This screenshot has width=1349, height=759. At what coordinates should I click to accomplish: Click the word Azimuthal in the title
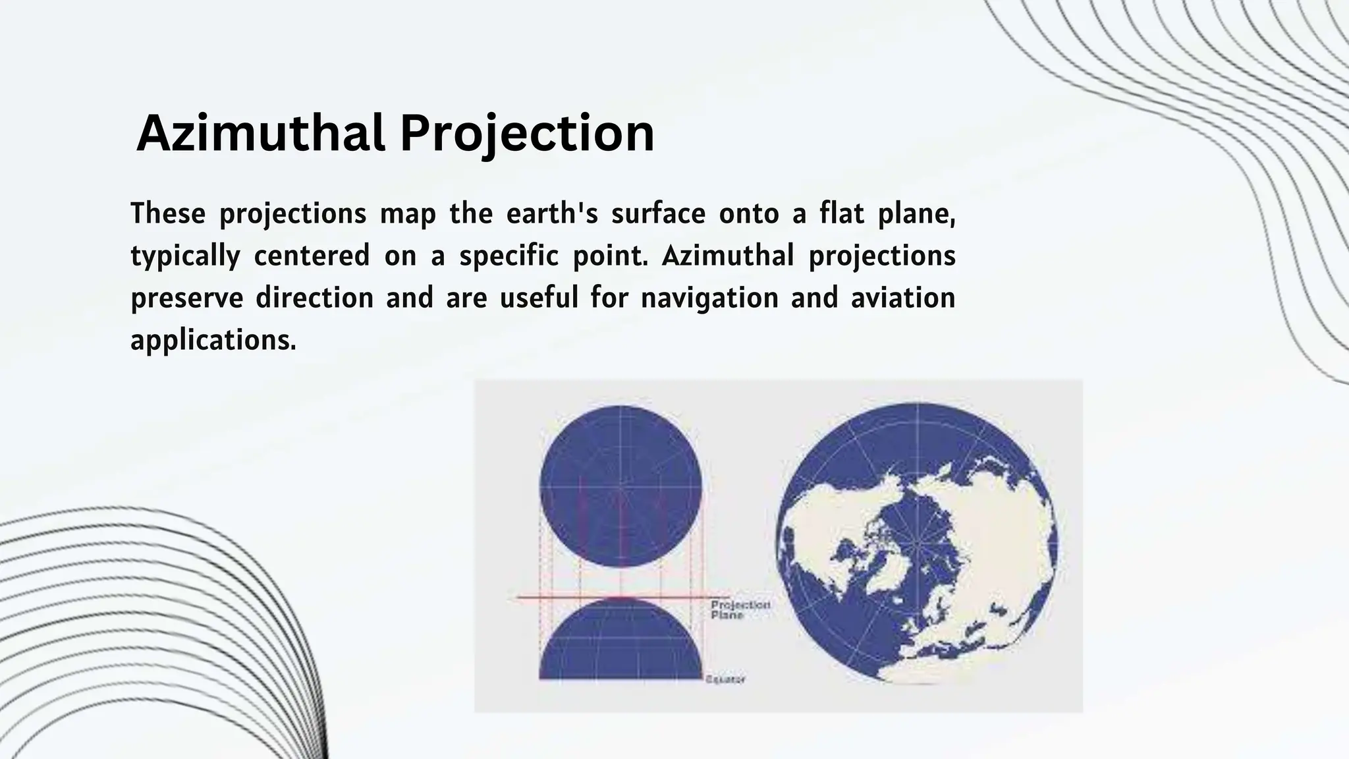click(x=260, y=133)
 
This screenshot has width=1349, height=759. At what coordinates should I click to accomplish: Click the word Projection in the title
click(x=527, y=133)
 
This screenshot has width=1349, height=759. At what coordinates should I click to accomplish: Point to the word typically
click(x=185, y=256)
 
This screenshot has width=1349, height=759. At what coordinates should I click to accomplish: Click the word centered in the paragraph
click(x=312, y=256)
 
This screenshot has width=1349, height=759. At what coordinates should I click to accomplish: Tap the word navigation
click(x=709, y=298)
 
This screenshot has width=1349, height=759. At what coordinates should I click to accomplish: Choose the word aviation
click(x=902, y=298)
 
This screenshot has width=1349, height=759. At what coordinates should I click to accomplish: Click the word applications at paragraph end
click(x=213, y=341)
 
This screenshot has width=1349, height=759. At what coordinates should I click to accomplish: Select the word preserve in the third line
click(x=187, y=298)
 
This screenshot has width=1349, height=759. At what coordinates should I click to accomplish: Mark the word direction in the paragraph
click(x=314, y=298)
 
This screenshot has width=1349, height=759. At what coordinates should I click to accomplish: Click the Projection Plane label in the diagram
click(x=739, y=609)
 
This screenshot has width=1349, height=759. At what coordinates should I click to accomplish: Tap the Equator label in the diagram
click(x=725, y=679)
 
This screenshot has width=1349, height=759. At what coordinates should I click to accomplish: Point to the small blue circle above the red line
click(x=620, y=486)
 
